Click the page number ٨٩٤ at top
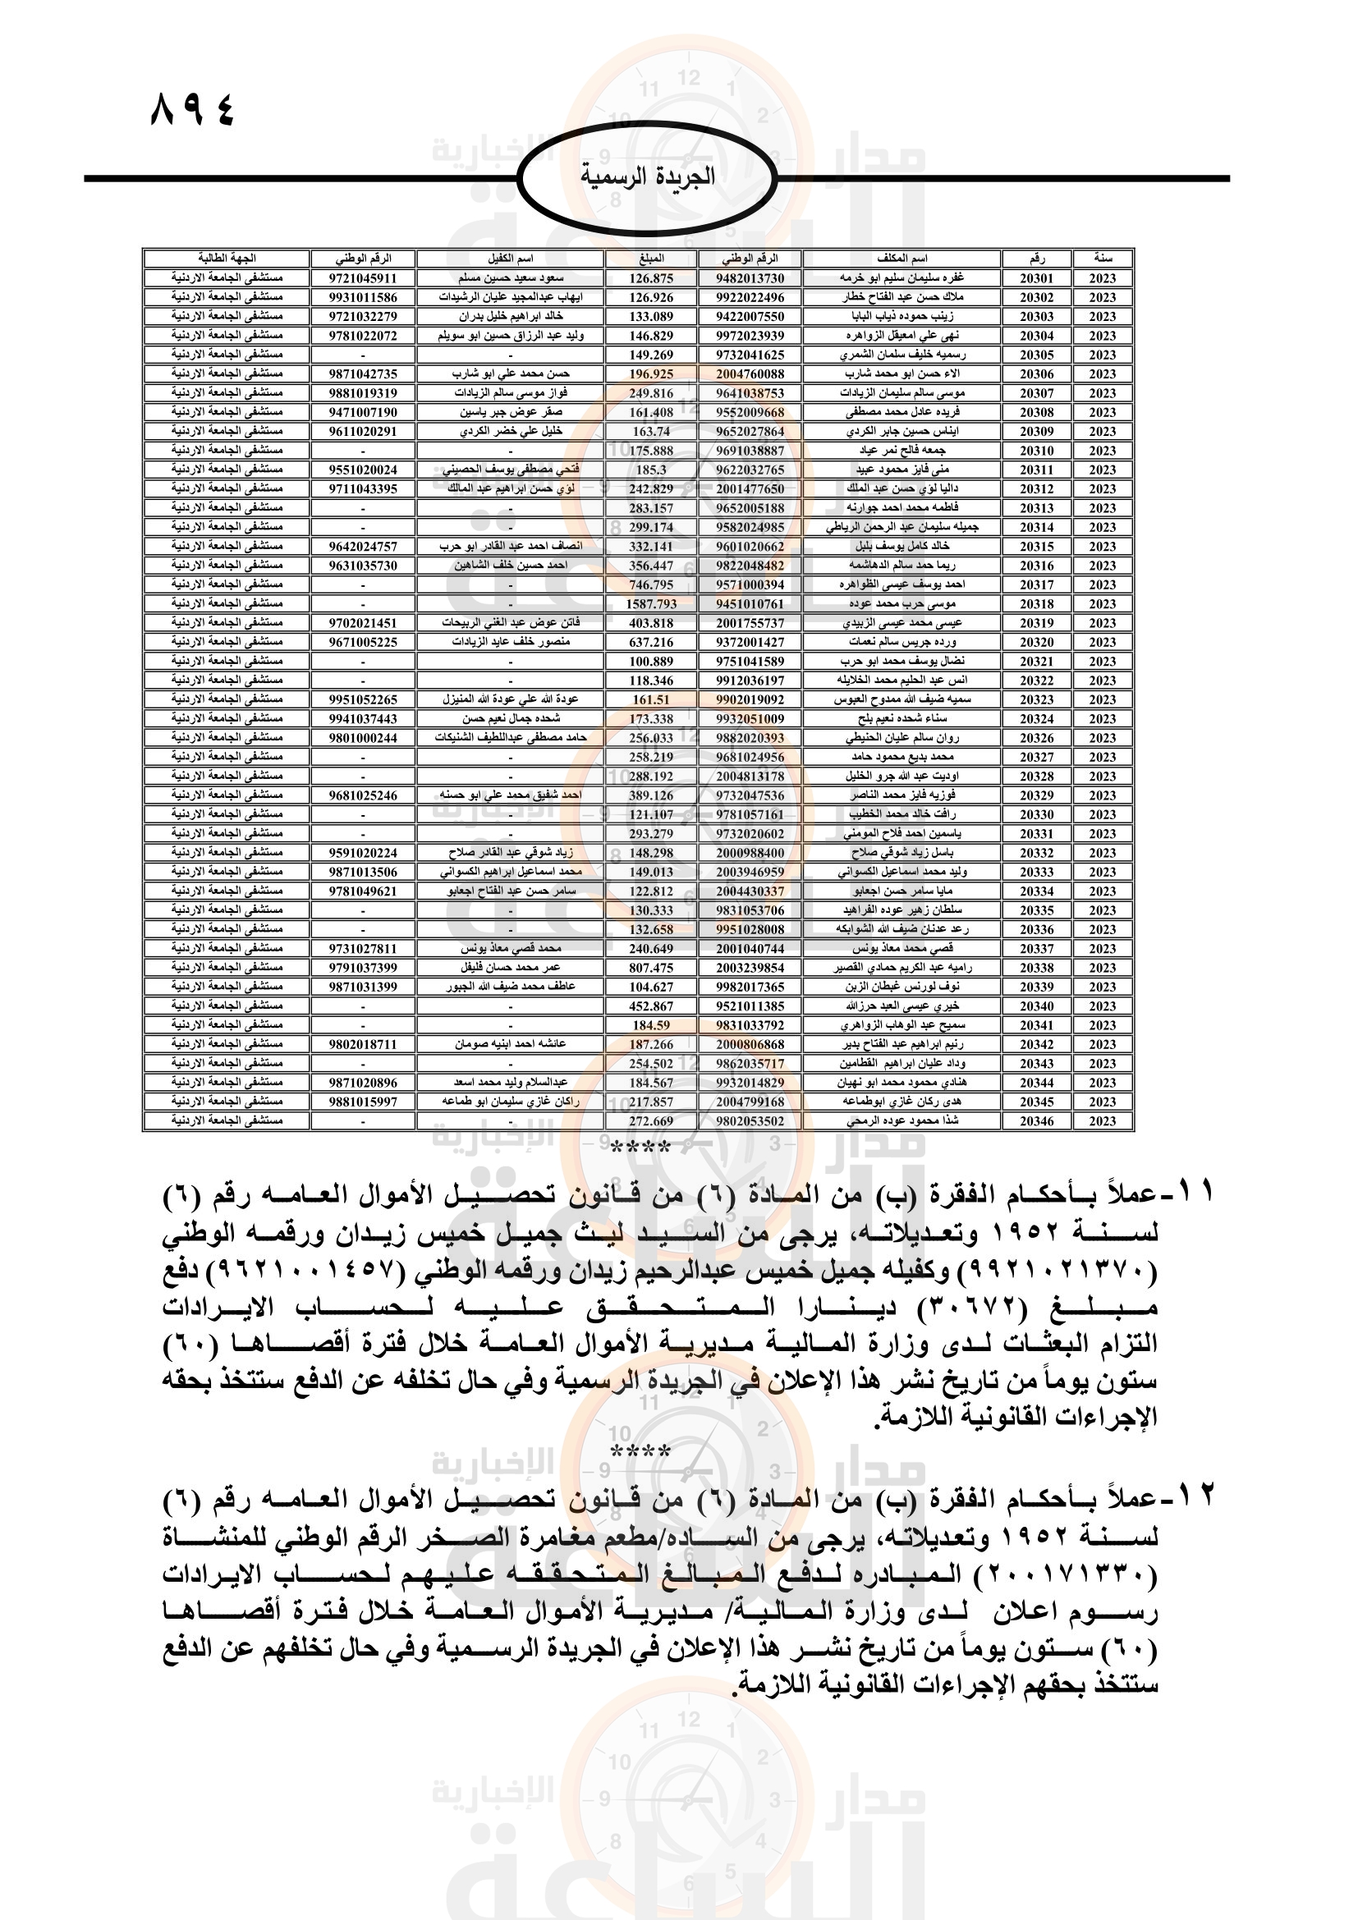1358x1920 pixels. point(192,109)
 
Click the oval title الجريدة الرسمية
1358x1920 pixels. point(647,177)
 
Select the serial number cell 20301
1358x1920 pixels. point(1036,278)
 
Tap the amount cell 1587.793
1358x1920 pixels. point(650,604)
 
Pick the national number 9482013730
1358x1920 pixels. point(750,278)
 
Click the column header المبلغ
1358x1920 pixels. point(650,259)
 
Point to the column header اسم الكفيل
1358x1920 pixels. point(510,259)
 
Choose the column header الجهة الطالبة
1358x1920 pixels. point(227,259)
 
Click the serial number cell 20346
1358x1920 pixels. point(1036,1121)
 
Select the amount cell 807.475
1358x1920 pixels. point(650,968)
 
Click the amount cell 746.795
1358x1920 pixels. point(650,584)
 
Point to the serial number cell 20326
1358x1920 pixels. point(1036,738)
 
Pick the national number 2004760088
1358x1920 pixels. point(750,373)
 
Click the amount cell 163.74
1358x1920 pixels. point(650,432)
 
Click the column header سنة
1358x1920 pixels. point(1102,259)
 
